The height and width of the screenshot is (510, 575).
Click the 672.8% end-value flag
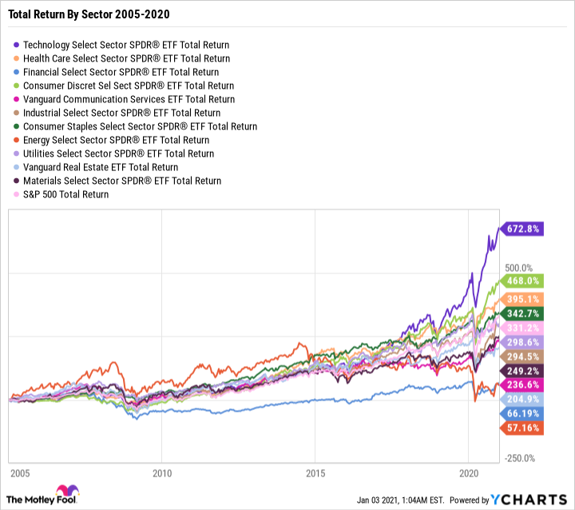tap(521, 229)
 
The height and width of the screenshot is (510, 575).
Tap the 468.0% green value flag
tap(521, 281)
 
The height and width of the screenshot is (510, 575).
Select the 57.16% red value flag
tap(521, 428)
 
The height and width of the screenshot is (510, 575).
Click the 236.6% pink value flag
tap(521, 385)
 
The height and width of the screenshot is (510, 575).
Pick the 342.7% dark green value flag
tap(521, 313)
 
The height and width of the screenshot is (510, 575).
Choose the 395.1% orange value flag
tap(521, 299)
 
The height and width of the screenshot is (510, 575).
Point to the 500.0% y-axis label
tap(519, 267)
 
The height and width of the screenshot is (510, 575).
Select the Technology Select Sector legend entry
tap(126, 45)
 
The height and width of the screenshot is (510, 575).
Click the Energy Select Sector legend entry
tap(116, 140)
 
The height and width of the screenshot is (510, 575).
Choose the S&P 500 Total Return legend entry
tap(65, 194)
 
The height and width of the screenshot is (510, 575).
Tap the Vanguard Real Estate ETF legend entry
tap(101, 167)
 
